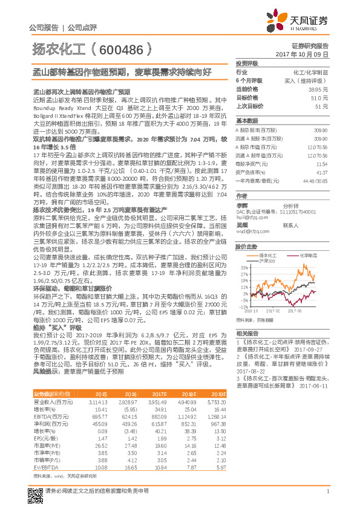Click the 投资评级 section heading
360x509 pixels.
coord(247,63)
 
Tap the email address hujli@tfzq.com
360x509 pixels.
coord(248,215)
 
